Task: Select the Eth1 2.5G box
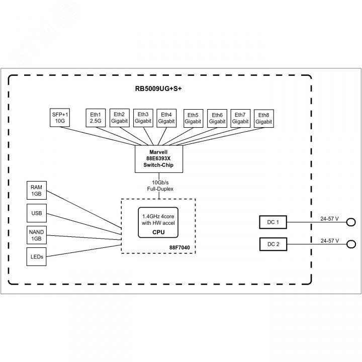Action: point(96,118)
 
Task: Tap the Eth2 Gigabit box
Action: point(120,118)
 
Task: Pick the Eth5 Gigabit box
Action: point(193,118)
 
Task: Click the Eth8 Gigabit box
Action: point(263,118)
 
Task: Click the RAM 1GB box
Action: point(37,191)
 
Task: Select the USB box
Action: point(37,213)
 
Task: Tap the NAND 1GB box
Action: point(37,235)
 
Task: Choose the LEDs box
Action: point(37,257)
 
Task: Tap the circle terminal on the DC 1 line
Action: point(352,222)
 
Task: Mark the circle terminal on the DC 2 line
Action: point(352,244)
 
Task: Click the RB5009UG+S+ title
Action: point(158,88)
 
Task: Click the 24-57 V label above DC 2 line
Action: point(329,241)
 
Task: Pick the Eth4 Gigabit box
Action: point(166,118)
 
